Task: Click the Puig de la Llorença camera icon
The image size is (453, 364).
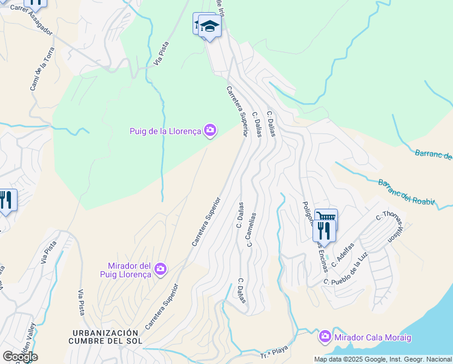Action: [x=210, y=130]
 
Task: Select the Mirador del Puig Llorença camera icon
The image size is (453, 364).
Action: [x=160, y=269]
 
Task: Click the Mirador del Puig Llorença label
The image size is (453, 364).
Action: [x=128, y=270]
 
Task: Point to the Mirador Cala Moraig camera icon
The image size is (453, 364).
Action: [x=325, y=335]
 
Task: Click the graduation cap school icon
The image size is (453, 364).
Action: [x=210, y=27]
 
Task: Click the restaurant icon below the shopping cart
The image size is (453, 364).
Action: [x=323, y=230]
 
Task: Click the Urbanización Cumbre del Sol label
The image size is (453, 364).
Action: [x=106, y=337]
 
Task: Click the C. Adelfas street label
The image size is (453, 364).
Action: [x=343, y=257]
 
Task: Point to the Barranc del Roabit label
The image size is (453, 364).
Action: [x=406, y=192]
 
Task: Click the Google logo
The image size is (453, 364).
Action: [x=20, y=356]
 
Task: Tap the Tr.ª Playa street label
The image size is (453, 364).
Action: [x=273, y=354]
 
